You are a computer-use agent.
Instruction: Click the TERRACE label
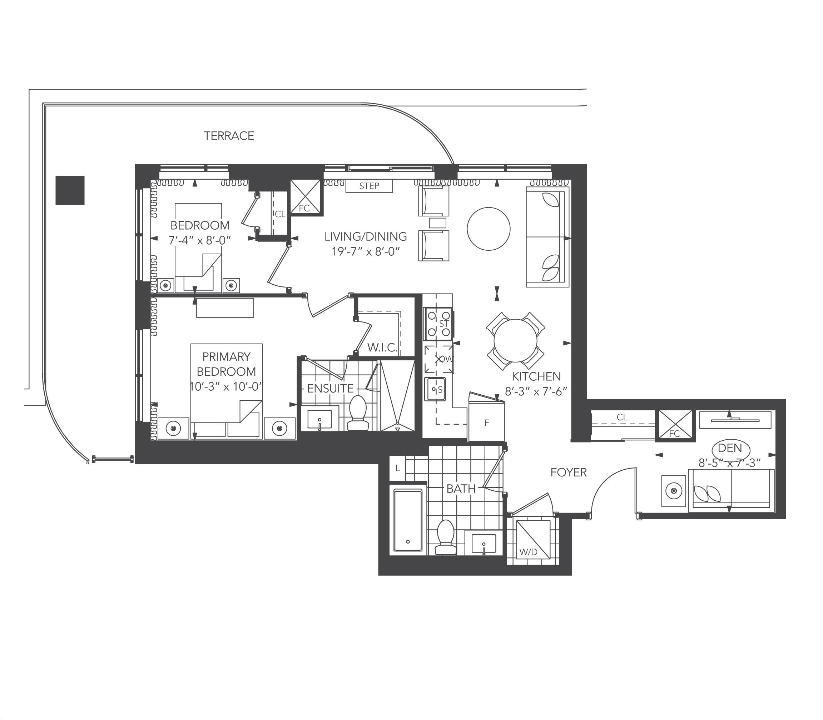click(229, 136)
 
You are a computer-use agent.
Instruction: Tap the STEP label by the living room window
click(369, 186)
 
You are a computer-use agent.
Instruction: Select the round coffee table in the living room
click(489, 229)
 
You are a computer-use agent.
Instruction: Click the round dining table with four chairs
click(515, 341)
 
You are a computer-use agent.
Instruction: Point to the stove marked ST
click(438, 324)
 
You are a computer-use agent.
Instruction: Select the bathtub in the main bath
click(408, 521)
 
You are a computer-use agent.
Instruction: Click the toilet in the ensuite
click(357, 412)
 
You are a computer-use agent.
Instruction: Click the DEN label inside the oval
click(729, 447)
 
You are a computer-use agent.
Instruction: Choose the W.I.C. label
click(382, 347)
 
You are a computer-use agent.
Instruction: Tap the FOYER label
click(569, 472)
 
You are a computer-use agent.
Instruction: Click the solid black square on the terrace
click(70, 190)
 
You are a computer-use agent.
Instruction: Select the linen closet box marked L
click(398, 468)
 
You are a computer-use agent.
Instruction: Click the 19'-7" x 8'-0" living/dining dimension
click(366, 251)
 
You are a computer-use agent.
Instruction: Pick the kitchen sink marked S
click(435, 389)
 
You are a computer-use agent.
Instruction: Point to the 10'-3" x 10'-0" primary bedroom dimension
click(226, 386)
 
